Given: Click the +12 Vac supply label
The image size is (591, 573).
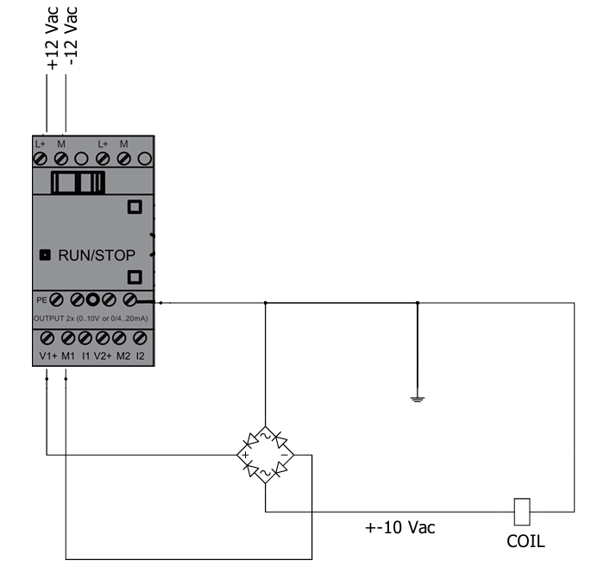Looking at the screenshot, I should (53, 38).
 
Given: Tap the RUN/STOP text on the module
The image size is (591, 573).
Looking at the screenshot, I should (97, 255).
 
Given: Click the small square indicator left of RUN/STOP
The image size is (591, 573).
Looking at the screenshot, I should (45, 255).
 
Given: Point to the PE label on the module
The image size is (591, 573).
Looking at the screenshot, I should (40, 299).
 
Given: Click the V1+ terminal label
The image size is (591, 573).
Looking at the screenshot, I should (47, 355).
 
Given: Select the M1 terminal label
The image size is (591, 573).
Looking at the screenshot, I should (68, 355).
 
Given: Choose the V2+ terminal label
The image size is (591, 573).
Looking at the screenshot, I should (104, 355).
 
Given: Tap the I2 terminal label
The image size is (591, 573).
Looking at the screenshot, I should (141, 355).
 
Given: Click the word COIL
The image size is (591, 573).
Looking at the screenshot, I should (526, 542).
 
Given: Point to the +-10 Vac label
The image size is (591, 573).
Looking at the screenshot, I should (397, 527).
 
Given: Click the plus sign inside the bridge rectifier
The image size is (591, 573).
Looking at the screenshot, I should (246, 455).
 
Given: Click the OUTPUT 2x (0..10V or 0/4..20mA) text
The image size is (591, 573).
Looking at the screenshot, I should (90, 318).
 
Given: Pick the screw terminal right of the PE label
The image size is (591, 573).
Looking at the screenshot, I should (57, 300).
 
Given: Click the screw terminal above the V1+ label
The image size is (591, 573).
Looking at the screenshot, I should (48, 337).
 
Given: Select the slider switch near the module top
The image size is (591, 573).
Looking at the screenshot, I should (79, 184).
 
